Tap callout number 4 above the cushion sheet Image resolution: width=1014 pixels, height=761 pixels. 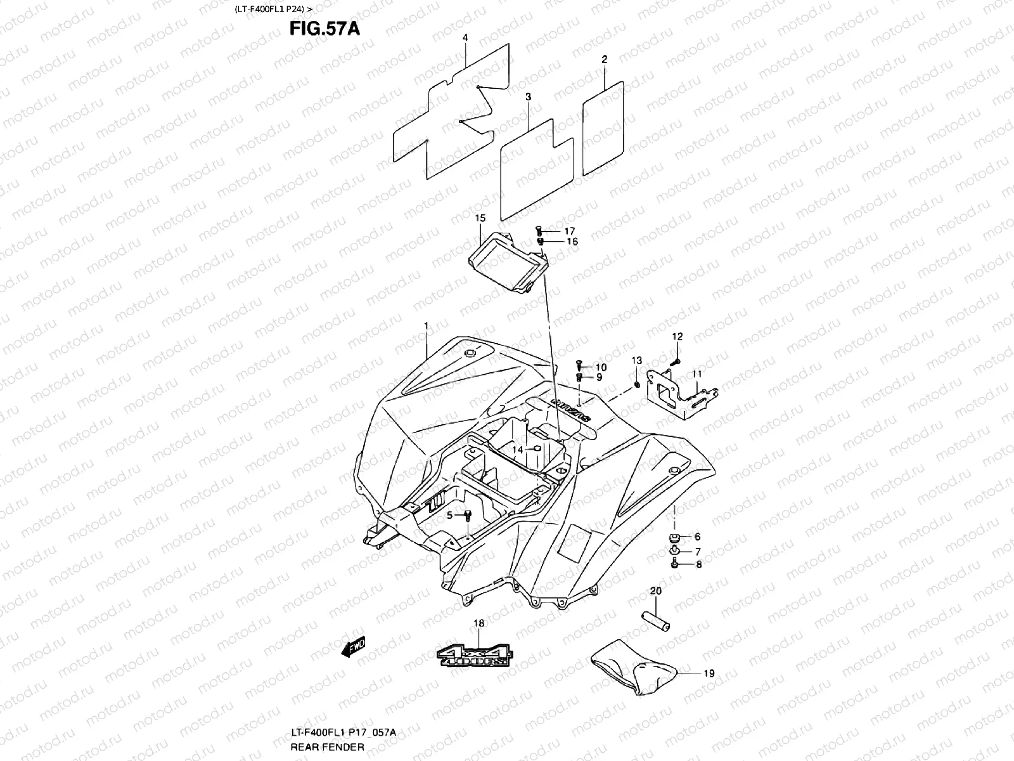pos(465,38)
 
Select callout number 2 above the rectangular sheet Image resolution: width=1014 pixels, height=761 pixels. pos(604,59)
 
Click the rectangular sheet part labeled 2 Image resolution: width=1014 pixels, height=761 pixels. pos(602,127)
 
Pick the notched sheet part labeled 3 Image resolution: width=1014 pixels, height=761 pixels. pos(536,171)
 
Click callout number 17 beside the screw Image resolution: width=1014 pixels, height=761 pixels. pos(570,231)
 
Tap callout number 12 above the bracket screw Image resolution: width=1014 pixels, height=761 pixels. pos(677,336)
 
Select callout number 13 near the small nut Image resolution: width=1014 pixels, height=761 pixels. pos(636,361)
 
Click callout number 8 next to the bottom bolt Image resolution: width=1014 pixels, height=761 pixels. pos(698,564)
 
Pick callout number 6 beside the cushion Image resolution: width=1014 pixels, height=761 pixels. pos(697,537)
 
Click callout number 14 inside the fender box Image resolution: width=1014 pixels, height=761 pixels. pos(517,449)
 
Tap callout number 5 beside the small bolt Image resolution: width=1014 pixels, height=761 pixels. pos(449,515)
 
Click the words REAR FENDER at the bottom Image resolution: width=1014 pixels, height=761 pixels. pos(319,747)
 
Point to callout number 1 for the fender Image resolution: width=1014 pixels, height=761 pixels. pos(427,325)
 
